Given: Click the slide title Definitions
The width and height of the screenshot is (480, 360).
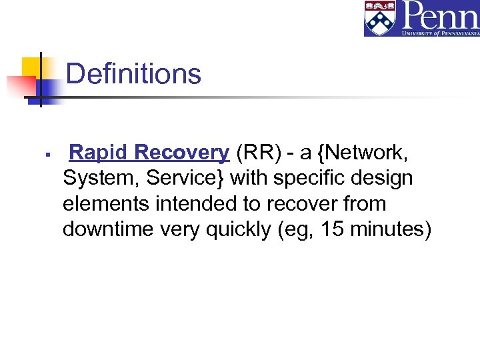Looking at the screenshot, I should pos(133,74).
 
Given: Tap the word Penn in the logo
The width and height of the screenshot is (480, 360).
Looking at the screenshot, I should pos(440,15).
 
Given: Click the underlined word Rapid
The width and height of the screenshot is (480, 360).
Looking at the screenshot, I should pos(100,153).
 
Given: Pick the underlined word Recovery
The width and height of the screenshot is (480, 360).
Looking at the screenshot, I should pos(182,153).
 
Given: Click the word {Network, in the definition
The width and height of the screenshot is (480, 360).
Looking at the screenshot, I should pos(364,153).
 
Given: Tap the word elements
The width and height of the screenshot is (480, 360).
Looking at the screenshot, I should pos(106,204).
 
